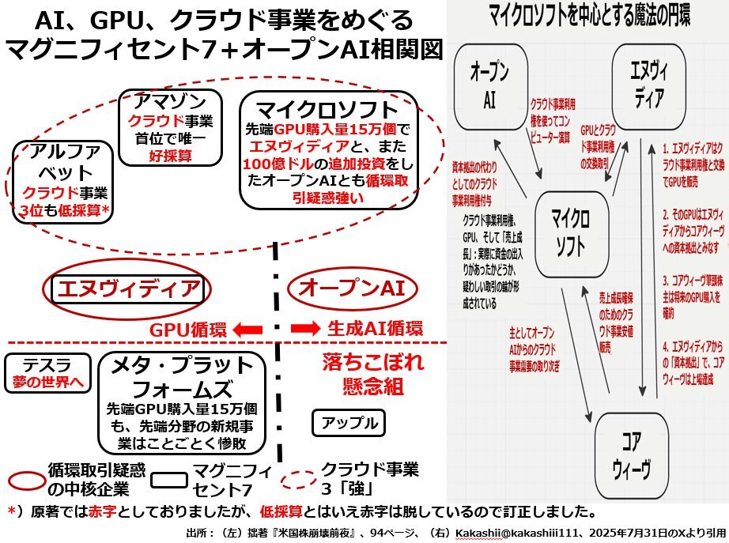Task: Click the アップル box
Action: click(349, 423)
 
